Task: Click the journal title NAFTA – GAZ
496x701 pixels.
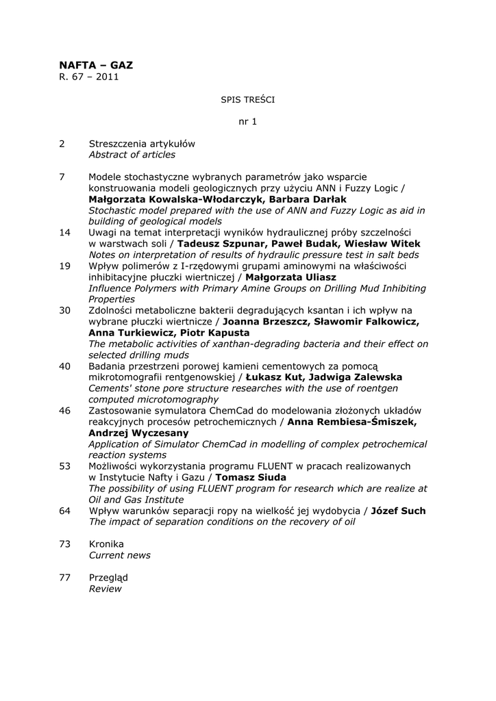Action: click(96, 65)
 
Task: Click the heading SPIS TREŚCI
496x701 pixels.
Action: click(247, 99)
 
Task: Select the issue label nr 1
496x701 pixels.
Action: click(247, 122)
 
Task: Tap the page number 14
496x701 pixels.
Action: click(65, 233)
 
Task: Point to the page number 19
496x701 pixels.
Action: click(65, 266)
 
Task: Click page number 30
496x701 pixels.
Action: click(65, 310)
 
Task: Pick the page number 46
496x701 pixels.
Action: click(65, 410)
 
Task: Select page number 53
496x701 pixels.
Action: click(65, 466)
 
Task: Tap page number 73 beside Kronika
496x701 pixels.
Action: click(65, 544)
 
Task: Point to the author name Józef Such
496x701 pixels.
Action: click(398, 511)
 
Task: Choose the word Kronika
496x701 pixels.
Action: click(106, 544)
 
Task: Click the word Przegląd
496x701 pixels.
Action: click(108, 577)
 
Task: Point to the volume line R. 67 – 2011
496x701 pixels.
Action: click(89, 77)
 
